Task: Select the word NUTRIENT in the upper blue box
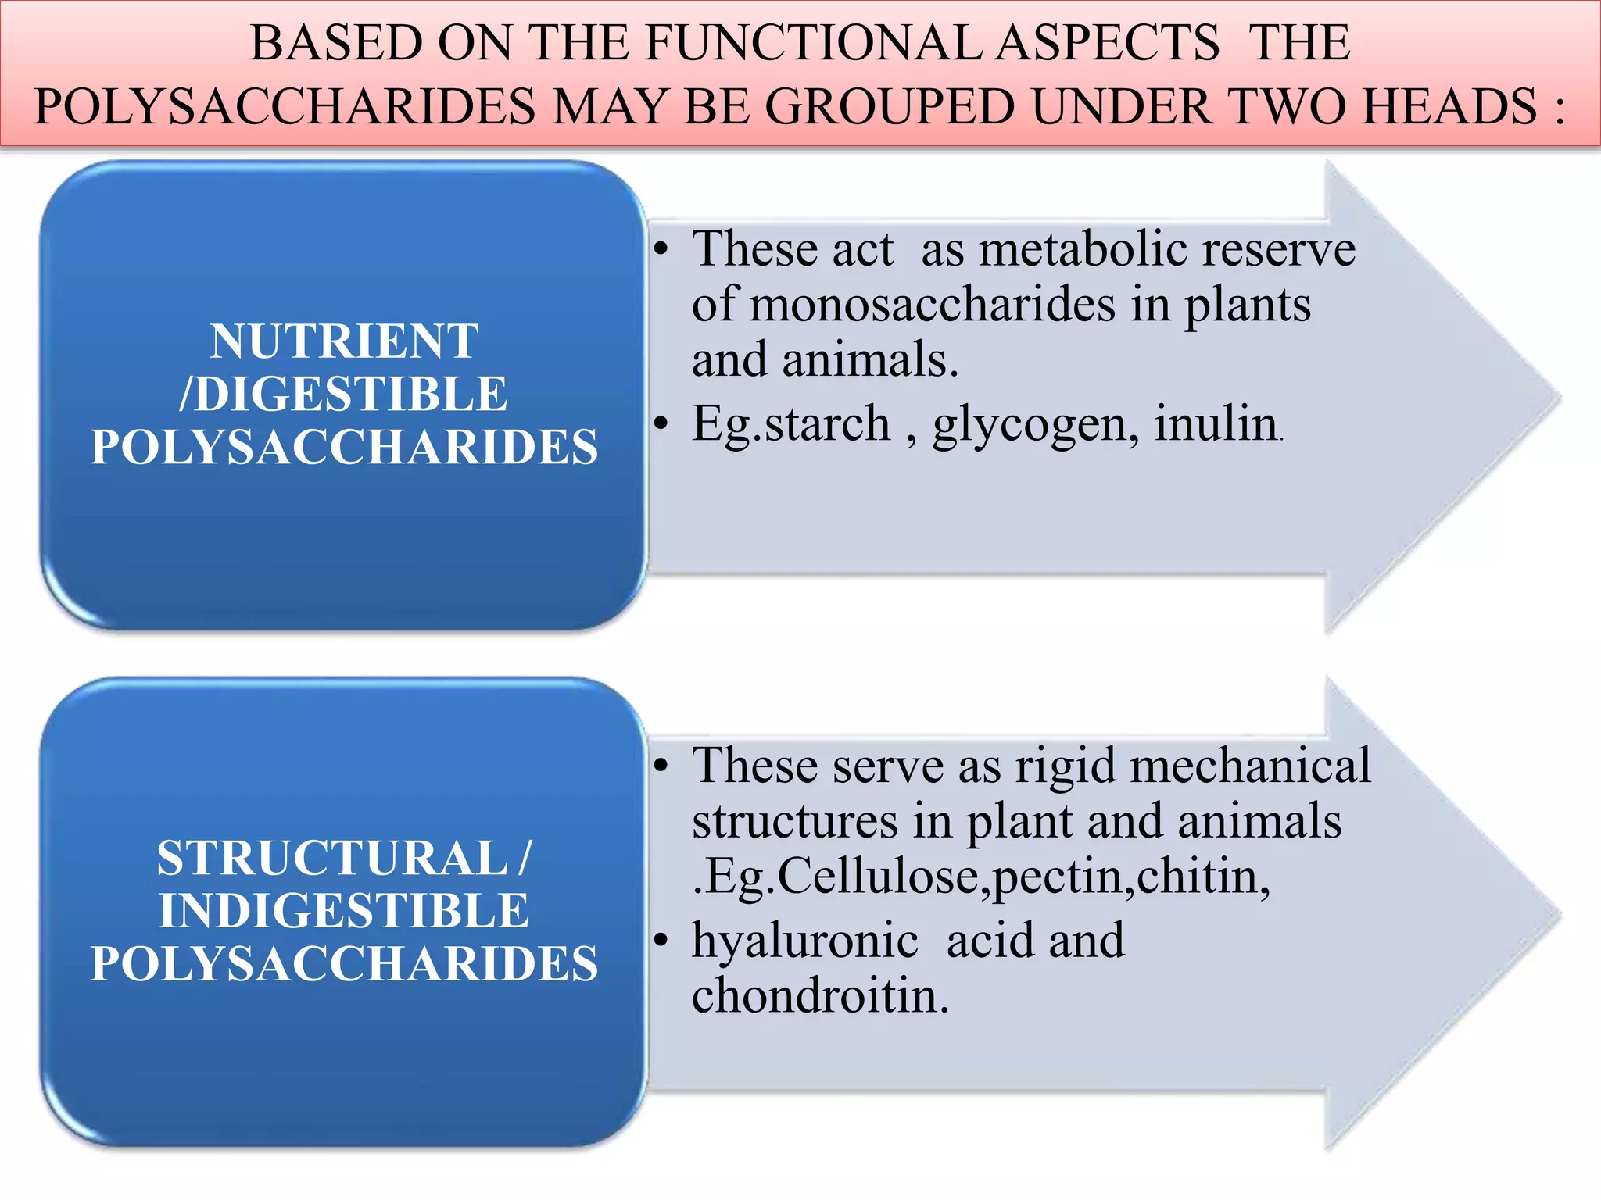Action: coord(344,341)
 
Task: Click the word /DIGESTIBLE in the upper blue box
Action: coord(343,394)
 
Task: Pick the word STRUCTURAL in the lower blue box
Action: coord(332,858)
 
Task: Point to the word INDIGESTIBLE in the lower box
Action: coord(344,911)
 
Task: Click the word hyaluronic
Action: coord(805,941)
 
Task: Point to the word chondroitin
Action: coord(819,997)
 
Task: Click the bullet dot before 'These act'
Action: coord(661,251)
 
